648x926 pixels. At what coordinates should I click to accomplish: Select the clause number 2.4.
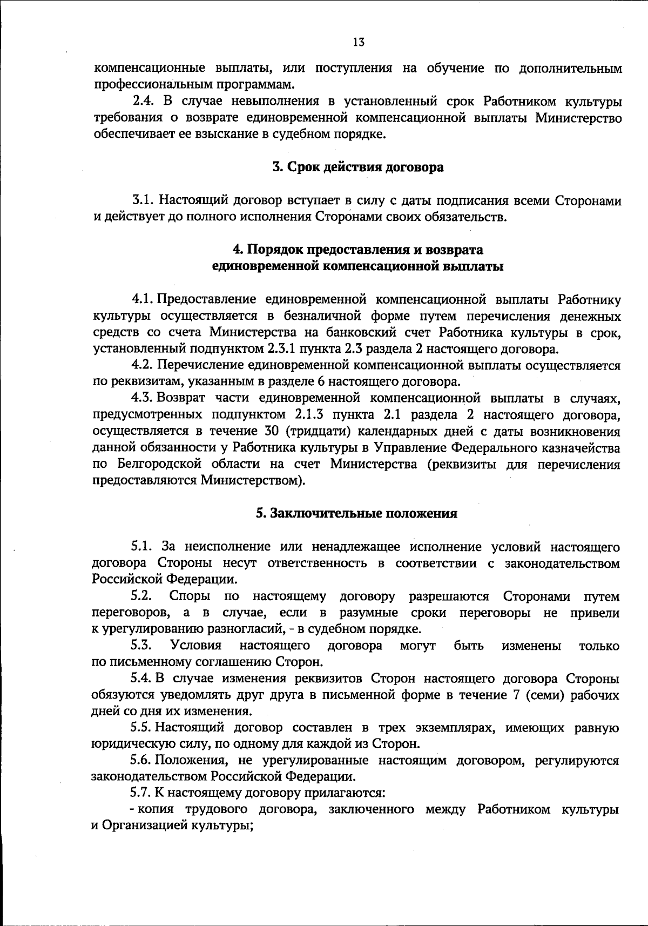click(144, 102)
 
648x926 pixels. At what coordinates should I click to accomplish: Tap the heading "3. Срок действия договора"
click(357, 167)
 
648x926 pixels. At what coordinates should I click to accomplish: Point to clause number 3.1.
click(143, 200)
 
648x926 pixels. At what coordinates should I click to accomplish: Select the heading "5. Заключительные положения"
click(356, 513)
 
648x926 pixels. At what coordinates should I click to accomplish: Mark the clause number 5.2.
click(142, 596)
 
